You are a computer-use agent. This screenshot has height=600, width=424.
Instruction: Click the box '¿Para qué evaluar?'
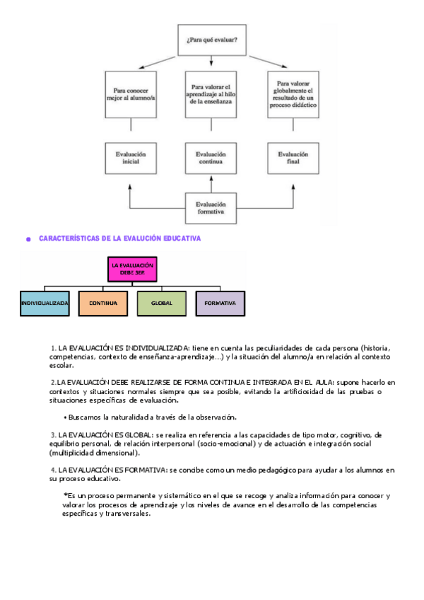point(212,40)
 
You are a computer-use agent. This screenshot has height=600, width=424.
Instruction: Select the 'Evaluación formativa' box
point(211,207)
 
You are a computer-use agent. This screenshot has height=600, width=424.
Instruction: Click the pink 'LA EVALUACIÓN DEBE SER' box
point(132,269)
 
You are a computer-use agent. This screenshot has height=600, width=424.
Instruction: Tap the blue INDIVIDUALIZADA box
point(45,303)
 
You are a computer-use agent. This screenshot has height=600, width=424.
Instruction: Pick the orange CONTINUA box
point(103,303)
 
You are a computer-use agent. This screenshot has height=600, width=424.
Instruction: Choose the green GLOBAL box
point(162,303)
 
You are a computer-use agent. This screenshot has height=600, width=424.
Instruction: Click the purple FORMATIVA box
point(220,303)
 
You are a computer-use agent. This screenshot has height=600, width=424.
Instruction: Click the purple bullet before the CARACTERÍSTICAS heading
point(28,240)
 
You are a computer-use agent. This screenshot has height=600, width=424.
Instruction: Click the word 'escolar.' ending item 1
point(61,366)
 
